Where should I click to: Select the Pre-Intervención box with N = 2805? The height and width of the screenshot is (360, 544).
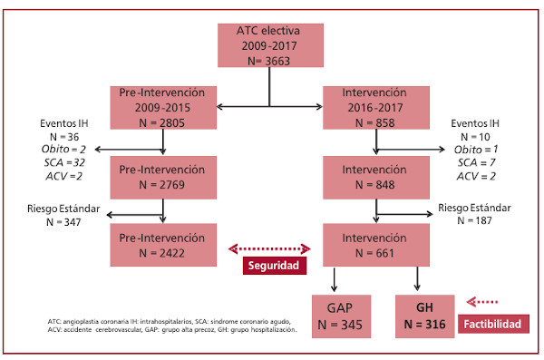pos(163,108)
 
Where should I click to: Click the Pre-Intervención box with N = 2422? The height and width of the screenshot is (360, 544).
pos(163,245)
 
